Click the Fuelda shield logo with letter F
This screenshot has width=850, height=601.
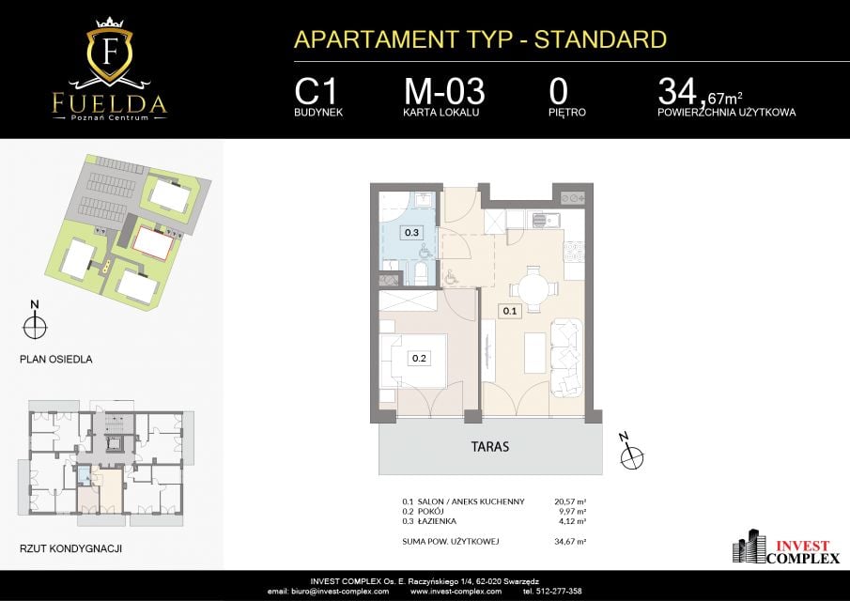tap(110, 52)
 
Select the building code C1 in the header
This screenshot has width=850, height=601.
tap(316, 91)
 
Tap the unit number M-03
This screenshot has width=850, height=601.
tap(444, 91)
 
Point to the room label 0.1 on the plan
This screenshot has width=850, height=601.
tap(510, 311)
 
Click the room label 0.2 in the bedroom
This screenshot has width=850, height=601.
tap(419, 358)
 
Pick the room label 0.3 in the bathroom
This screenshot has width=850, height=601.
tap(412, 233)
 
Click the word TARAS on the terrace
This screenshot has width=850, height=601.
tap(490, 447)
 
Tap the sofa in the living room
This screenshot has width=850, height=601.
tap(567, 358)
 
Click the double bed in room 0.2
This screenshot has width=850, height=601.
tap(413, 361)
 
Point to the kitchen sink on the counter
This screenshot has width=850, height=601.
tap(546, 220)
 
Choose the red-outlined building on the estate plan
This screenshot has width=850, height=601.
tap(154, 243)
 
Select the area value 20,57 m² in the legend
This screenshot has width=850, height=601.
tap(570, 501)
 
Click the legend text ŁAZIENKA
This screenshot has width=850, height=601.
tap(437, 521)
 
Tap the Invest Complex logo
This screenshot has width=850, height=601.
tap(786, 547)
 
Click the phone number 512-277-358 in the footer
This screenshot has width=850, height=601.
tap(558, 592)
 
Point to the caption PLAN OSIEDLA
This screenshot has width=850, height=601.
tap(55, 360)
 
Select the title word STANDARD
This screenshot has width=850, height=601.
tap(600, 39)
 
